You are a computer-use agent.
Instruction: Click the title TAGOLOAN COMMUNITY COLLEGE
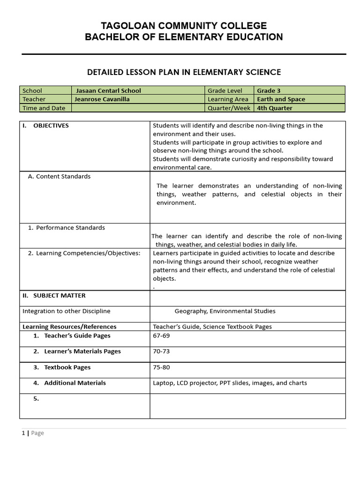click(x=184, y=26)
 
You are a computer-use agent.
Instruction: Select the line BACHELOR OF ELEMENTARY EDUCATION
click(x=184, y=37)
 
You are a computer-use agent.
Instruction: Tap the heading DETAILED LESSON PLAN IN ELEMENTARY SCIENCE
click(x=184, y=72)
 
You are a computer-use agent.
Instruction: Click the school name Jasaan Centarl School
click(x=108, y=90)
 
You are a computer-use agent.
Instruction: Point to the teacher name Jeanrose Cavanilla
click(x=102, y=99)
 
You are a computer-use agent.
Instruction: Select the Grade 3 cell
click(x=269, y=90)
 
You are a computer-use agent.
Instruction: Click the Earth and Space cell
click(x=281, y=99)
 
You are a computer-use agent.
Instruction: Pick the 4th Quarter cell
click(x=274, y=108)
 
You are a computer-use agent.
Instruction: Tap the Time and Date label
click(x=44, y=108)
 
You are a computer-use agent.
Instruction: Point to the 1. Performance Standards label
click(x=66, y=228)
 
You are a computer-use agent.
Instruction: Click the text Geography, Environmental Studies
click(x=225, y=311)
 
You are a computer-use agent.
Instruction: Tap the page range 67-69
click(x=161, y=336)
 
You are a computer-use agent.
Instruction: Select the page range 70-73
click(x=161, y=352)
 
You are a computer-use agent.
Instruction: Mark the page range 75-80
click(x=161, y=367)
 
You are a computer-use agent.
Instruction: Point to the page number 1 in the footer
click(x=23, y=433)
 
